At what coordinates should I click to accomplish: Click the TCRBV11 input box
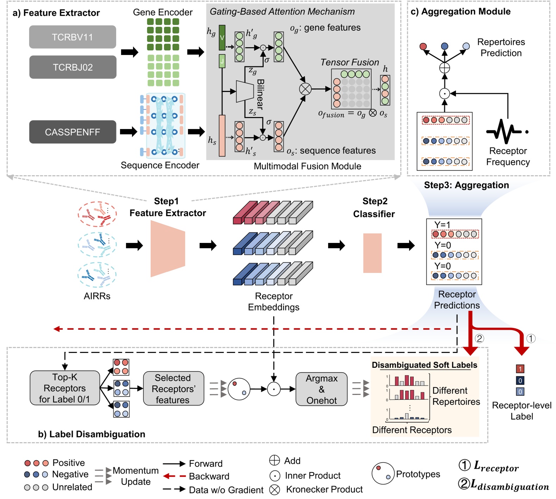tap(73, 37)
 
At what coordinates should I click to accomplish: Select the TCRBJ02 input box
tap(73, 67)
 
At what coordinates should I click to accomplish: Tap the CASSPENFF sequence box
tap(73, 132)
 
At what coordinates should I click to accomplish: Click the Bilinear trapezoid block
tap(245, 91)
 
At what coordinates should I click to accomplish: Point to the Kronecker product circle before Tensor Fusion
tap(305, 89)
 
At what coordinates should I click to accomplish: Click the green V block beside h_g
tap(222, 37)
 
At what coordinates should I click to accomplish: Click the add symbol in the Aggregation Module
tap(445, 68)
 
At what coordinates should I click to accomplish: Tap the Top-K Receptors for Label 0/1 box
tap(65, 388)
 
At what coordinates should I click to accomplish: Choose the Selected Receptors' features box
tap(173, 388)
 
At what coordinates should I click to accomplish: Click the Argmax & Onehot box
tap(321, 389)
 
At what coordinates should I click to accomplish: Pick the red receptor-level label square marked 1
tap(520, 369)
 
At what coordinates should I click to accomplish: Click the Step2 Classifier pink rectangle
tap(372, 253)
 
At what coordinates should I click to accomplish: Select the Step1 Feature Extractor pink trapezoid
tap(168, 249)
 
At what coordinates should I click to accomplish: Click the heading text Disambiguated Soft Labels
tap(424, 365)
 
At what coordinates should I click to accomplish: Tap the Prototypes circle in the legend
tap(383, 473)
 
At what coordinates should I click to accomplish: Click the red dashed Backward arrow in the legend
tap(174, 476)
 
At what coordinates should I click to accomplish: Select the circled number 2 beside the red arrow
tap(479, 339)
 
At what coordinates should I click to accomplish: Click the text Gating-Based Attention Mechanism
tap(282, 12)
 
